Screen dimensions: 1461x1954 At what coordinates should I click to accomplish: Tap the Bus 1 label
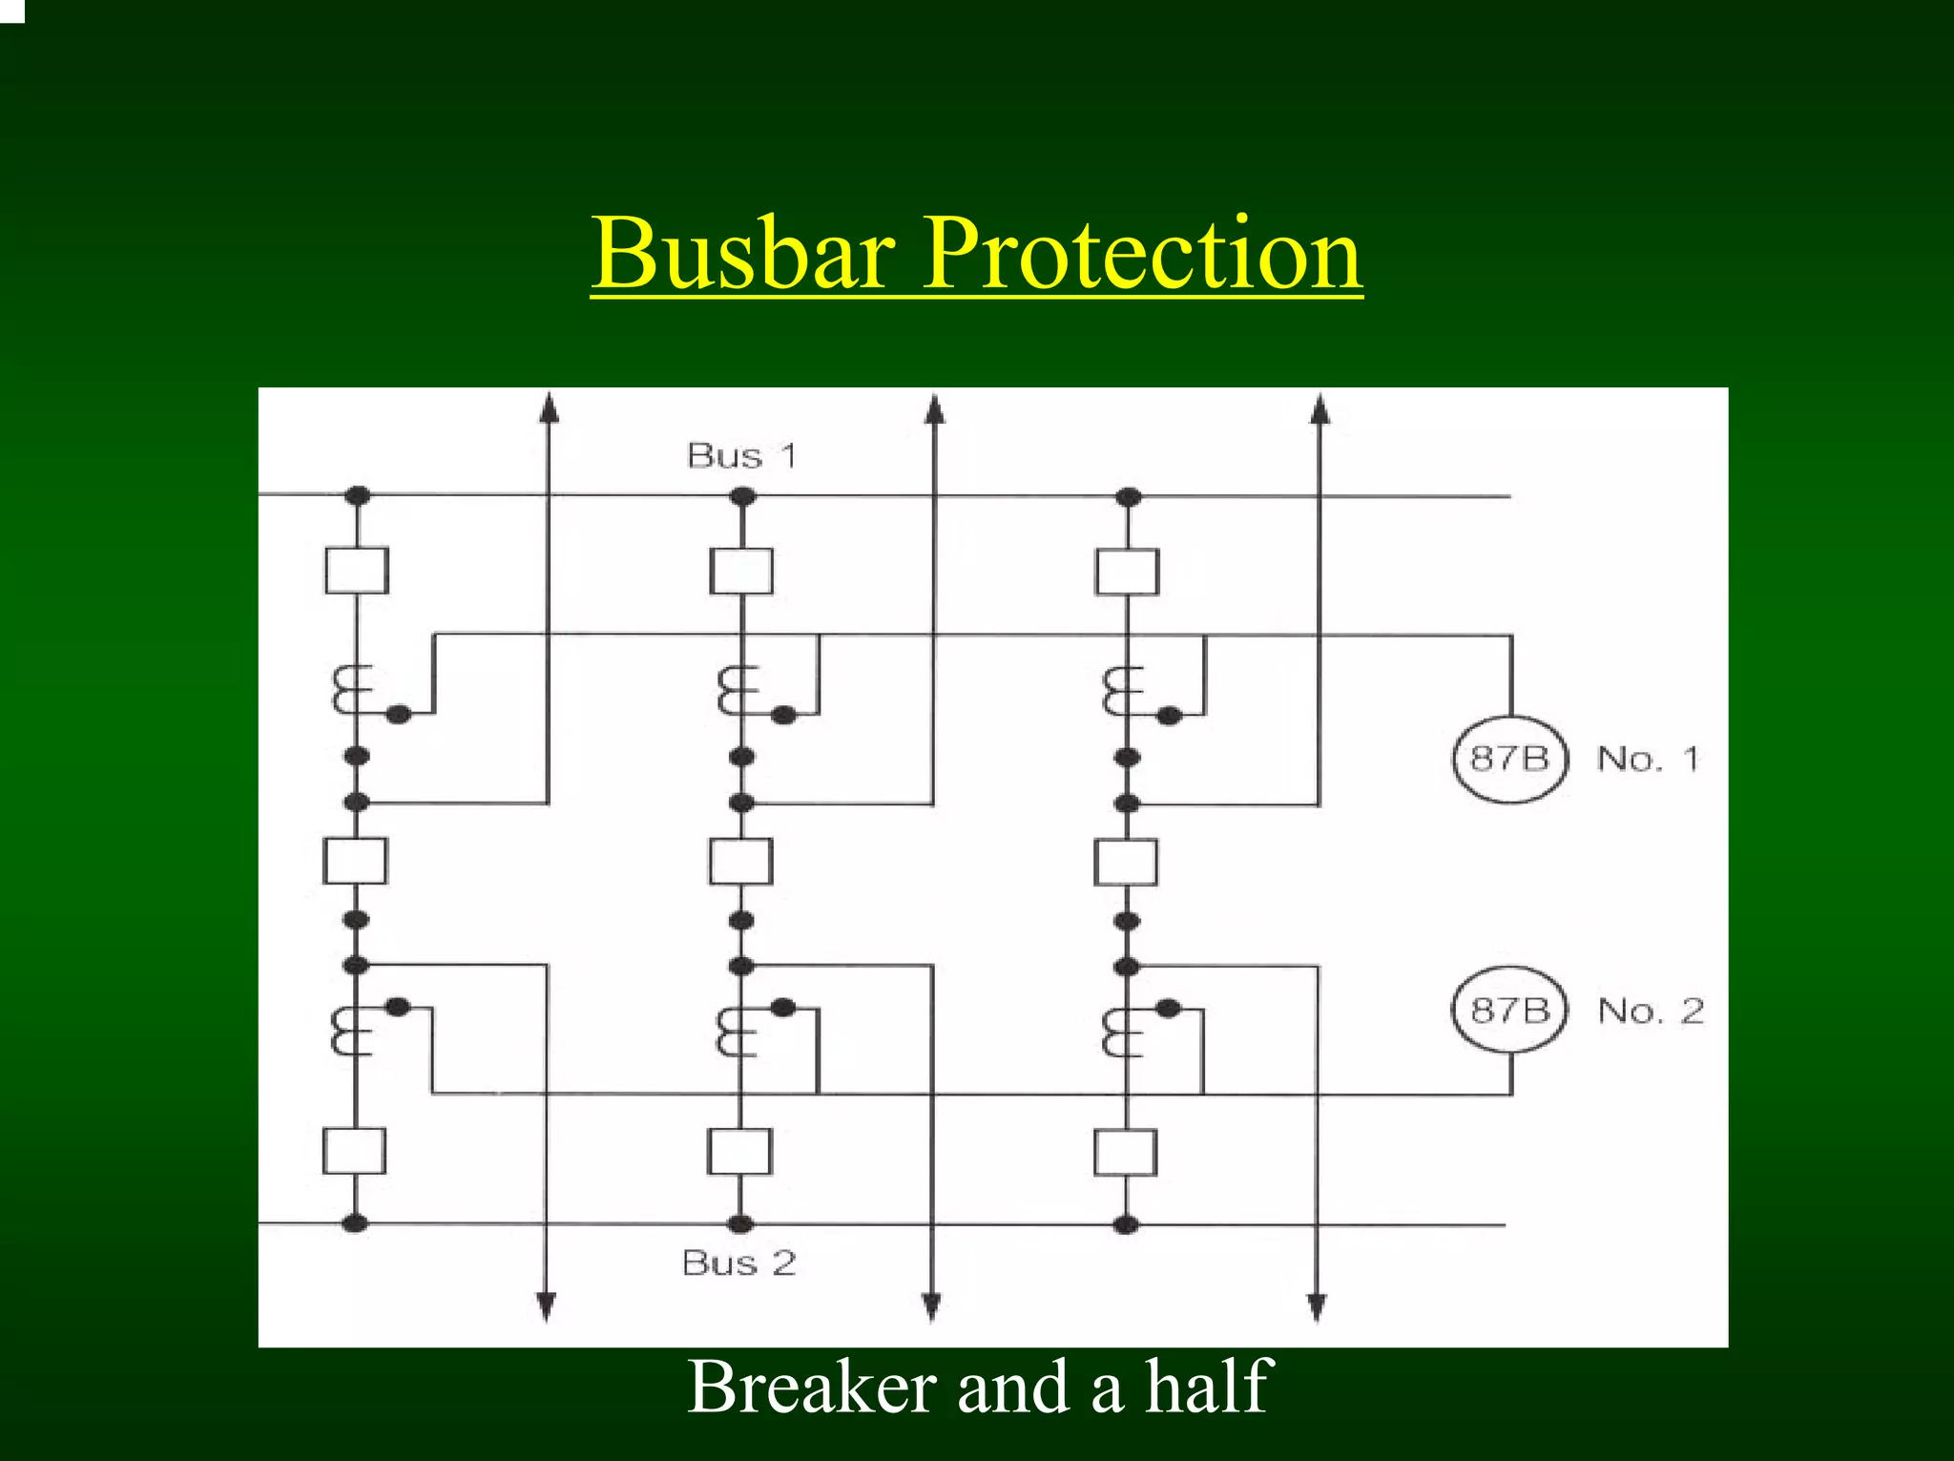coord(741,455)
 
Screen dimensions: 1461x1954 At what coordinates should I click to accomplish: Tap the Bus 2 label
coord(739,1263)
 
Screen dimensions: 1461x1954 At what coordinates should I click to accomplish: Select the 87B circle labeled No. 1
coord(1509,759)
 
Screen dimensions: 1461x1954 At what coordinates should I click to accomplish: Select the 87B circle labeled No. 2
coord(1509,1010)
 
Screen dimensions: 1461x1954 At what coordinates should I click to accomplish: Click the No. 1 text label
coord(1648,759)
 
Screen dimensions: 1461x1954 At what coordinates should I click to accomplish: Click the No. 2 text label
coord(1651,1011)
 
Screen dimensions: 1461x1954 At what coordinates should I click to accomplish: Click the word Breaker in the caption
coord(811,1387)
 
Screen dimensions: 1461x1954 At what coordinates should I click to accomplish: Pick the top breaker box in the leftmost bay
coord(357,571)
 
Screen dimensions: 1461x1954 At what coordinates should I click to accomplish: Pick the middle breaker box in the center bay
coord(740,862)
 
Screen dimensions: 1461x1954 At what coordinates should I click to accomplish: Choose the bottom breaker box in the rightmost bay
coord(1126,1153)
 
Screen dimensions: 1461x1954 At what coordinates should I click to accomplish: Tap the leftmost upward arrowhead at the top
coord(549,408)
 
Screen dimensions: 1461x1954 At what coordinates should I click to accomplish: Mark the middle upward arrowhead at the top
coord(935,408)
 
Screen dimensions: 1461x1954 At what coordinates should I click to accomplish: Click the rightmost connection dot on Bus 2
coord(1126,1224)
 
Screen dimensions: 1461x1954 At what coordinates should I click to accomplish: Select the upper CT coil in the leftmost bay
coord(349,691)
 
